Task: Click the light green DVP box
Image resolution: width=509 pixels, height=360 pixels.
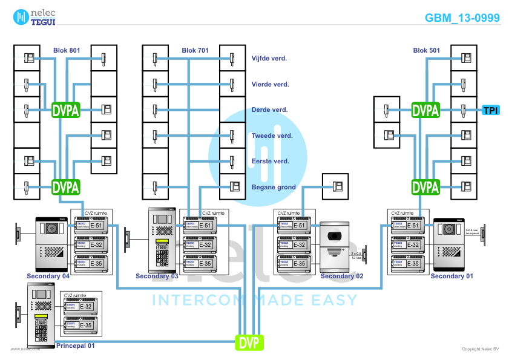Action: coord(249,343)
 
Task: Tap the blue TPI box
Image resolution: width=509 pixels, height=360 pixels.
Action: coord(491,110)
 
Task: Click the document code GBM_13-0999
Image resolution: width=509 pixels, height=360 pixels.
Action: coord(462,18)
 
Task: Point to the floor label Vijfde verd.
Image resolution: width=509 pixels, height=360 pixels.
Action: coord(269,59)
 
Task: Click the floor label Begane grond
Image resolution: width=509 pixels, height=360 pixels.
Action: coord(274,187)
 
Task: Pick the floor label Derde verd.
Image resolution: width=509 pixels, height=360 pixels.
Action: coord(269,110)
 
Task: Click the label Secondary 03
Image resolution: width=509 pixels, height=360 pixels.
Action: coord(157,277)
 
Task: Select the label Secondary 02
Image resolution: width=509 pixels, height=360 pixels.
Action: coord(342,277)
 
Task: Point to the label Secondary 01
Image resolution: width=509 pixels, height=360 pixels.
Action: coord(452,277)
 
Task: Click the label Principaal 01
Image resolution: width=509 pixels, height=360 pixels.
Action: coord(75,345)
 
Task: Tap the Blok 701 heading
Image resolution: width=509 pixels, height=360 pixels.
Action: coord(195,50)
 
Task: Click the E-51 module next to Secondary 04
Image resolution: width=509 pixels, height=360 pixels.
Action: coord(90,226)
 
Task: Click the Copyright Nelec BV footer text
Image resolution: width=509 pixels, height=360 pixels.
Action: coord(481,349)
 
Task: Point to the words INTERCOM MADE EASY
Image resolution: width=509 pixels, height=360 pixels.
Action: coord(254,300)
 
